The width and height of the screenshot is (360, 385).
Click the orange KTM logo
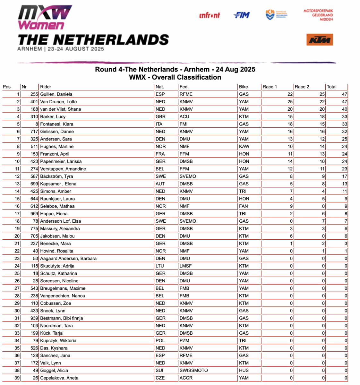point(320,40)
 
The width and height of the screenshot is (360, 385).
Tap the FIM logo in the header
point(242,15)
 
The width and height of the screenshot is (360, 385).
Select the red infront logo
point(210,15)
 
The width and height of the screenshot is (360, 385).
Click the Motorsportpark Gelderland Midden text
point(318,15)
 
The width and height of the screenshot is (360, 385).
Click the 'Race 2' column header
point(302,87)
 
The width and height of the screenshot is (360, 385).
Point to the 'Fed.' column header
point(184,87)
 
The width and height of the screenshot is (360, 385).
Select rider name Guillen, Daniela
point(56,94)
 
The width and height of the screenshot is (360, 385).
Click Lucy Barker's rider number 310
point(34,117)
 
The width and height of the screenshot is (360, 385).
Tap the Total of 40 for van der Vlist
point(344,109)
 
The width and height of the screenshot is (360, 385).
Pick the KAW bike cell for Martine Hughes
point(244,147)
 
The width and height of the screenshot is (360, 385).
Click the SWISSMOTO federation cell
point(193,371)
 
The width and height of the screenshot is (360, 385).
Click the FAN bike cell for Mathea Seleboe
point(244,206)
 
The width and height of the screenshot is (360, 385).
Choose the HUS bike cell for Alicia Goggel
point(244,371)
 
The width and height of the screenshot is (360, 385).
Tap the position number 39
point(17,378)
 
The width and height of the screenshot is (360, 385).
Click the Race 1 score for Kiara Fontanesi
point(290,124)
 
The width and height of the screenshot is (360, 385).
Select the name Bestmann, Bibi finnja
point(62,318)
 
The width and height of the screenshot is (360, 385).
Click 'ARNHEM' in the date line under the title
point(30,49)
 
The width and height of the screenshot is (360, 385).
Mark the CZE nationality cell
point(160,378)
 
